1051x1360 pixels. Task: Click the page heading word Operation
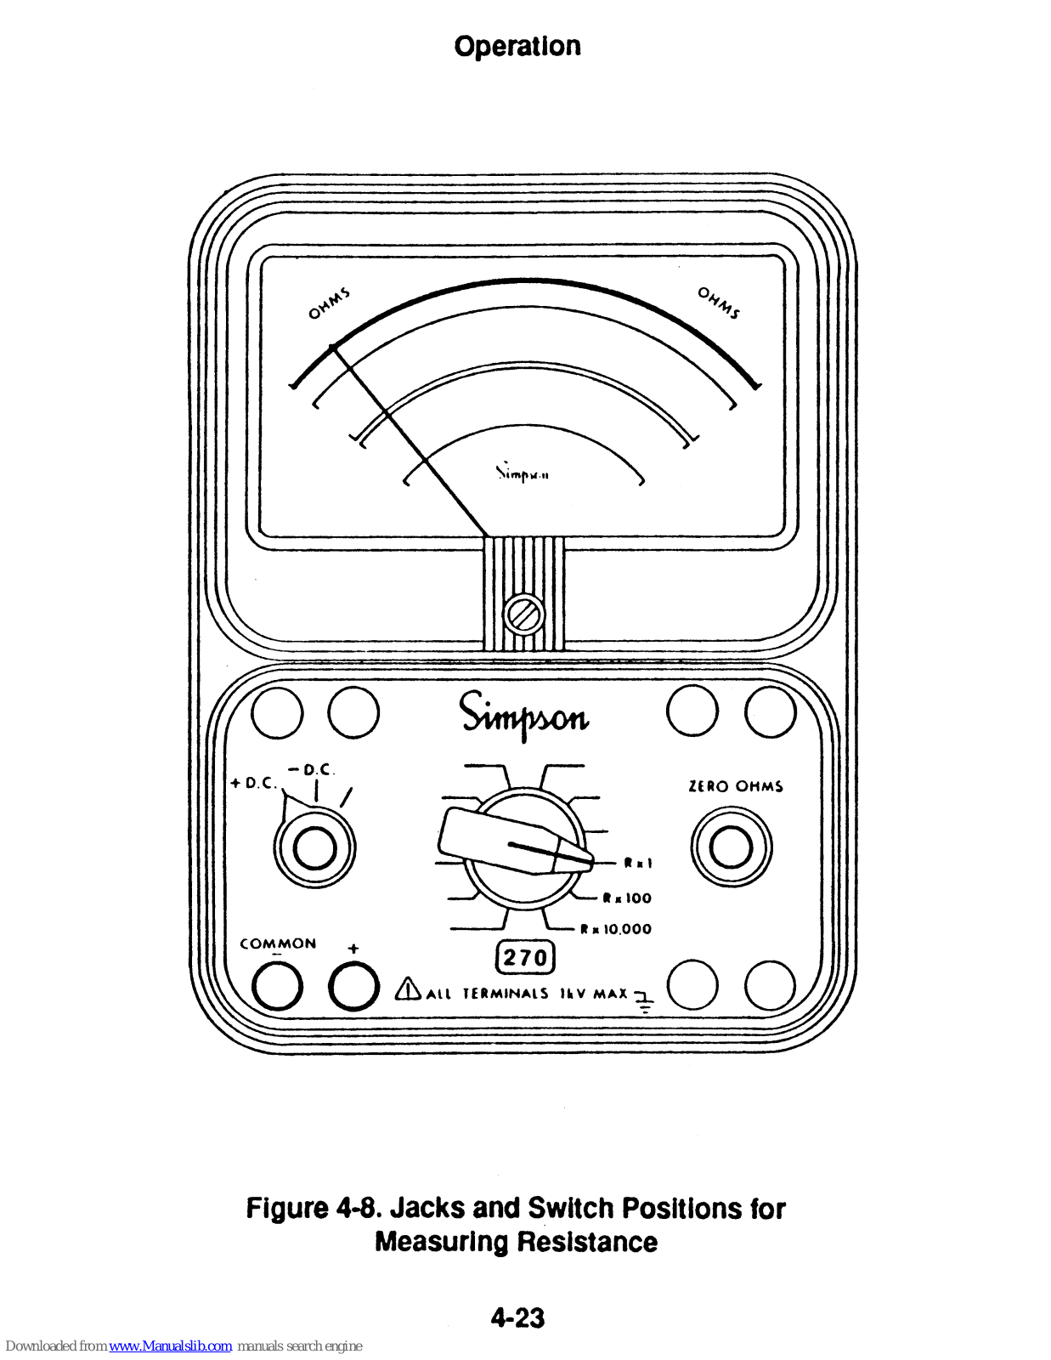coord(517,47)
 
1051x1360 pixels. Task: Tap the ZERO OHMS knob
coord(731,847)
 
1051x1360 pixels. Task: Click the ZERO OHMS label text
coord(735,787)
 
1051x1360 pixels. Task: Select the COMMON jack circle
coord(277,987)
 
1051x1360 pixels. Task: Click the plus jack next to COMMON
coord(353,987)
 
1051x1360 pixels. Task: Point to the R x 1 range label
coord(638,864)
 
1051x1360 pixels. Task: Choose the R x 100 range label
coord(627,898)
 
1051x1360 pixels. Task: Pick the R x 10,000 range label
coord(616,930)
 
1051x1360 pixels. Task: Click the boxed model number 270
coord(525,958)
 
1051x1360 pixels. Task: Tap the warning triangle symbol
coord(409,989)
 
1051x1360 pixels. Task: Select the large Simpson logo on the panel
coord(523,715)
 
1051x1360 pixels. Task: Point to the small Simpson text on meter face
coord(523,473)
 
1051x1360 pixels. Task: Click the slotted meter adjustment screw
coord(523,615)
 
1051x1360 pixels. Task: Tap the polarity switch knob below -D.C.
coord(314,847)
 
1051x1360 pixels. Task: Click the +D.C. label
coord(253,783)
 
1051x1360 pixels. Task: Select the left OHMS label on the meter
coord(328,303)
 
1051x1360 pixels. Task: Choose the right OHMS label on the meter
coord(719,303)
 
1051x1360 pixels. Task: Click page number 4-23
coord(517,1318)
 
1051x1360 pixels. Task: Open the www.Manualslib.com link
coord(170,1346)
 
